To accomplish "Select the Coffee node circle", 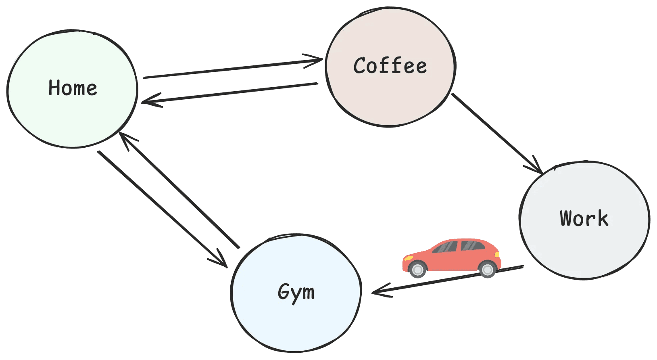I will point(390,97).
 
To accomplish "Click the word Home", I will point(73,88).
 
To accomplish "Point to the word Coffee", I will point(390,66).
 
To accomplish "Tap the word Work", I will point(584,218).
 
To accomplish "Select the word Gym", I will point(296,292).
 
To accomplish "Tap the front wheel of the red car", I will point(417,269).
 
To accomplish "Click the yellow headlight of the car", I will point(408,257).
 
